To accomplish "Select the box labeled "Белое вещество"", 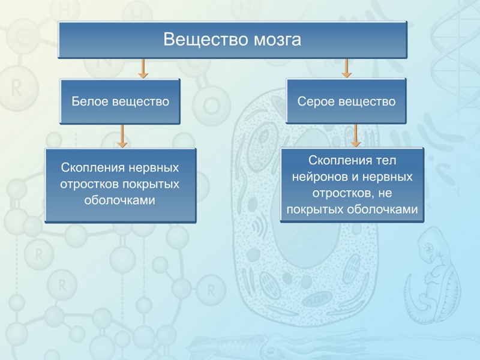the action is click(121, 101).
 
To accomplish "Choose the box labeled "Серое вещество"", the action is click(346, 101).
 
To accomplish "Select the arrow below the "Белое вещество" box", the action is click(122, 136).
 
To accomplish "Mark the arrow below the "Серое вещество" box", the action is click(356, 136).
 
